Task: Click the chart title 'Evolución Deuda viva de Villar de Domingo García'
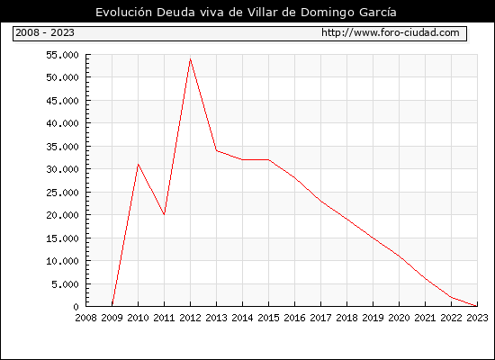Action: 246,13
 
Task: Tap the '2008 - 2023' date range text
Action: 45,32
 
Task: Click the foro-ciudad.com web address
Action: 391,32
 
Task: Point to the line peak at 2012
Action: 191,59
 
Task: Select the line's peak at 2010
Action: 138,164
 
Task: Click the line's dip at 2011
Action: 164,215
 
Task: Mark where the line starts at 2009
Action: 112,306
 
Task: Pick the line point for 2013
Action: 216,150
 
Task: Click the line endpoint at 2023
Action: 477,306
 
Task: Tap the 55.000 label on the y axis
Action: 62,55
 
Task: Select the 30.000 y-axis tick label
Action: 62,169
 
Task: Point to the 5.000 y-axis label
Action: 66,284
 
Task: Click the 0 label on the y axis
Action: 76,307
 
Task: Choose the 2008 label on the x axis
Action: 85,318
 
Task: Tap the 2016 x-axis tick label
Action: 294,318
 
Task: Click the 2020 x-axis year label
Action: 399,318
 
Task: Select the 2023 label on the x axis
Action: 477,318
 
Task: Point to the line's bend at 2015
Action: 269,160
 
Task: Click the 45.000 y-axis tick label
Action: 62,101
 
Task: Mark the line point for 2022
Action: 451,297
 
